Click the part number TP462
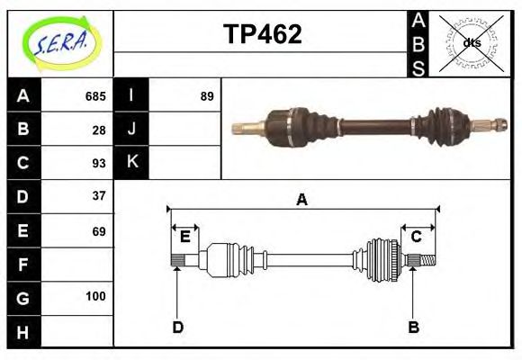coord(263,35)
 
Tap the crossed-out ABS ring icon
coord(471,42)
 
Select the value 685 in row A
coord(95,95)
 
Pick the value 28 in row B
coord(99,129)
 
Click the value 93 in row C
coord(99,163)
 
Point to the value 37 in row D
coord(99,195)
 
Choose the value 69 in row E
coord(99,231)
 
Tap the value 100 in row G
coord(95,296)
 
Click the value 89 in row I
coord(207,95)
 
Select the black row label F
coord(23,265)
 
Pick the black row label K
coord(132,163)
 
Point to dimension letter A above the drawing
coord(302,200)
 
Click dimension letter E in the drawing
coord(184,237)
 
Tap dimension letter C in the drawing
coord(417,237)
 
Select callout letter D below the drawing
coord(177,327)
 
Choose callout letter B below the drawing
coord(413,327)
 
